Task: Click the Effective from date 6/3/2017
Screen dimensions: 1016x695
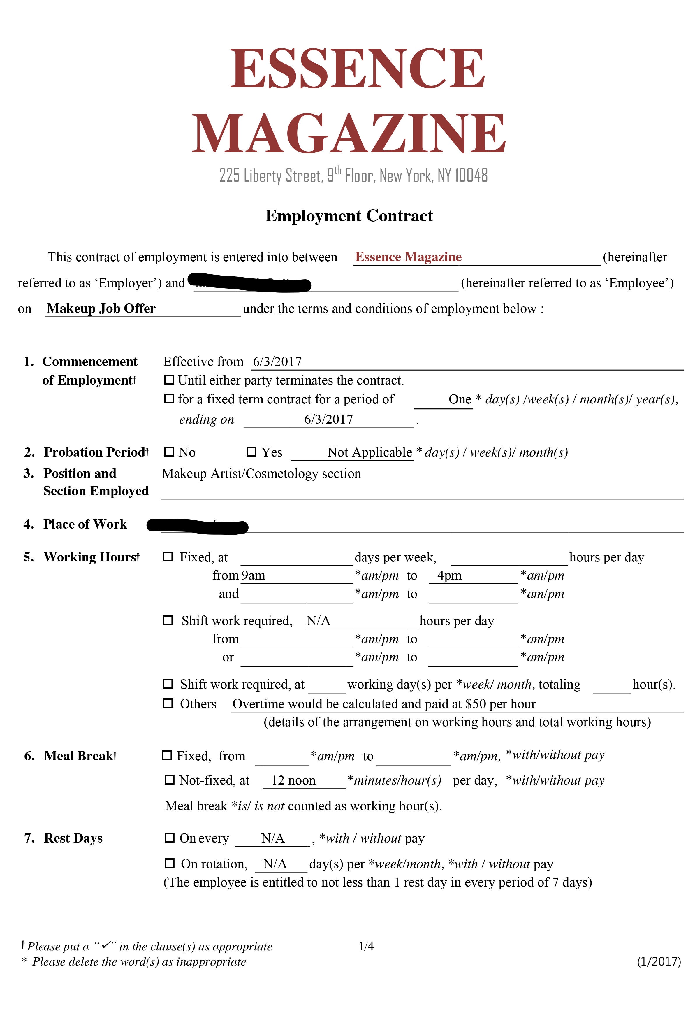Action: tap(277, 362)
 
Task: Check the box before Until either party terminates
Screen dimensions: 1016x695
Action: tap(169, 380)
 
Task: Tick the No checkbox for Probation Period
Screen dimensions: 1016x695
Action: tap(169, 452)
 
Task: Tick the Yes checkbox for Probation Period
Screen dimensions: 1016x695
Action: tap(251, 452)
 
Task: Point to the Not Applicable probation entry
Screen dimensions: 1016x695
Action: tap(370, 452)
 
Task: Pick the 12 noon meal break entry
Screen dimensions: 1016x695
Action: tap(293, 780)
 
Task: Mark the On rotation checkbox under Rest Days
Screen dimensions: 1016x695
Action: tap(169, 863)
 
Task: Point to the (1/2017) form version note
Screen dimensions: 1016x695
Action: tap(658, 961)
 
